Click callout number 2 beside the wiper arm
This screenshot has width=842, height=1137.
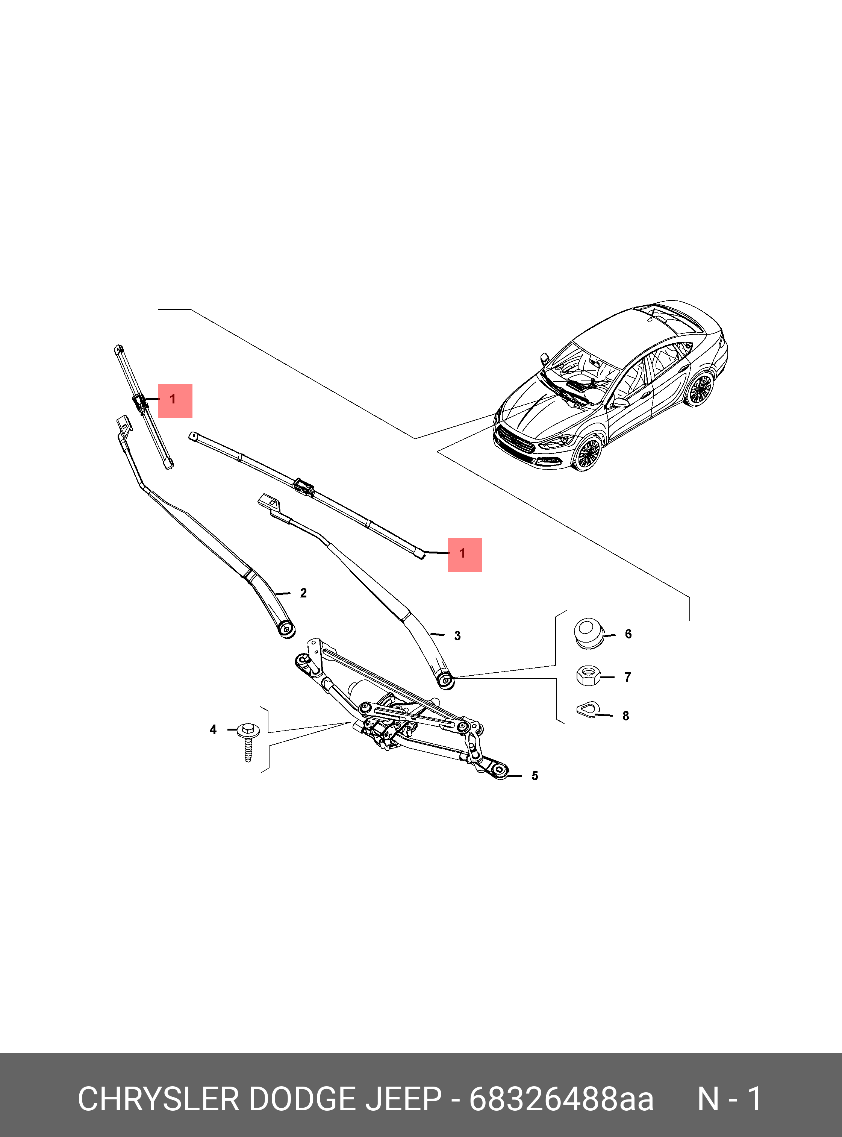(x=303, y=593)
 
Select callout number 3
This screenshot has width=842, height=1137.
(x=457, y=636)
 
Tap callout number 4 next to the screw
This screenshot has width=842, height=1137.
(x=213, y=730)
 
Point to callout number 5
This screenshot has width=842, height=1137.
(x=535, y=776)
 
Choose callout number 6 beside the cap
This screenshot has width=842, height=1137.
(x=628, y=634)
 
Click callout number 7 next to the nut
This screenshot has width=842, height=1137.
(x=627, y=677)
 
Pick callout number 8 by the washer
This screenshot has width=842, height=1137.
(x=626, y=716)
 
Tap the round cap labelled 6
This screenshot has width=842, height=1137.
(x=589, y=633)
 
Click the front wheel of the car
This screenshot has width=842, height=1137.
(x=588, y=452)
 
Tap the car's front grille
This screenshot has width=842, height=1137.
(x=516, y=440)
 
